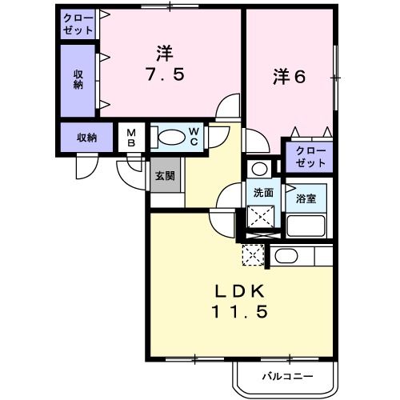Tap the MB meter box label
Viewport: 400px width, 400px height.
pyautogui.click(x=131, y=138)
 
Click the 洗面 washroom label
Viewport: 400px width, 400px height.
pyautogui.click(x=262, y=193)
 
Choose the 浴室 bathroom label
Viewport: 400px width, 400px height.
pyautogui.click(x=305, y=198)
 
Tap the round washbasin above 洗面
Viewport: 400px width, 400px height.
pyautogui.click(x=258, y=169)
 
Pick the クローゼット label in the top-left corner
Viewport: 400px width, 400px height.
pyautogui.click(x=78, y=23)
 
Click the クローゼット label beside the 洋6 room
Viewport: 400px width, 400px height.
pyautogui.click(x=310, y=156)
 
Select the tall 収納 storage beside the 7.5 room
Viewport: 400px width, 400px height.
pyautogui.click(x=78, y=80)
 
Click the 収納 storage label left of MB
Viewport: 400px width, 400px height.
pyautogui.click(x=86, y=138)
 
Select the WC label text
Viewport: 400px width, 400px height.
pyautogui.click(x=194, y=137)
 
